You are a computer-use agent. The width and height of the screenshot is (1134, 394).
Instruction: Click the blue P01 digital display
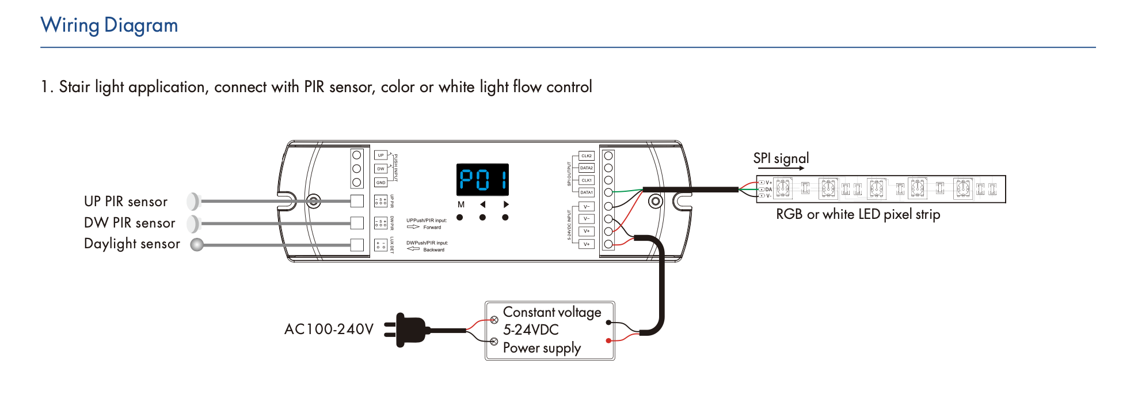coord(482,180)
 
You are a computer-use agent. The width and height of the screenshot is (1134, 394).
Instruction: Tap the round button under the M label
coord(460,218)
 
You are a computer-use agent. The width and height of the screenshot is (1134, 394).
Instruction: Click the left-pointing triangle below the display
coord(483,204)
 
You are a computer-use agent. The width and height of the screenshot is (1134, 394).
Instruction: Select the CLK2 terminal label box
coord(586,156)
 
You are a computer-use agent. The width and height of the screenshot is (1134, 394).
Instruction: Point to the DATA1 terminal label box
coord(586,192)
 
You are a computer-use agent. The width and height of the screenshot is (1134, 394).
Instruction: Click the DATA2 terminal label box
coord(586,168)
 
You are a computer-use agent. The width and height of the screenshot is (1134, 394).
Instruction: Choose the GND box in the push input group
coord(380,183)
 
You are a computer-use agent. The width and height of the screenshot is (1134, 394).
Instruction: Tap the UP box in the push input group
coord(380,156)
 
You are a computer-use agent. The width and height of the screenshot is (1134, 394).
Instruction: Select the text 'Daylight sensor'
coord(132,244)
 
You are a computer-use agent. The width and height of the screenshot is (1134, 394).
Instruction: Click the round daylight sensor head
coord(197,245)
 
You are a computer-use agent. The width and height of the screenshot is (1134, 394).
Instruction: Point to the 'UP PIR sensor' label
coord(125,202)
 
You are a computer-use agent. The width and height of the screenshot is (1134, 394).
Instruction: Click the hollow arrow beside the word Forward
coord(413,227)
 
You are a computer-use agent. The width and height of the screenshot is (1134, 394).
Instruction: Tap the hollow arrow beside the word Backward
coord(413,249)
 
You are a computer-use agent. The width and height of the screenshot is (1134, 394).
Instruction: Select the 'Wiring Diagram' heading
coord(109,25)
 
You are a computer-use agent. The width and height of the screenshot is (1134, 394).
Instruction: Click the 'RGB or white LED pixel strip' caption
coord(858,214)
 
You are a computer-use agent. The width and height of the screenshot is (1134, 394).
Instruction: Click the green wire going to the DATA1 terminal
coord(627,190)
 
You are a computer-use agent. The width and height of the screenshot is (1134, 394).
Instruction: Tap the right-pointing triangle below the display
coord(505,204)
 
